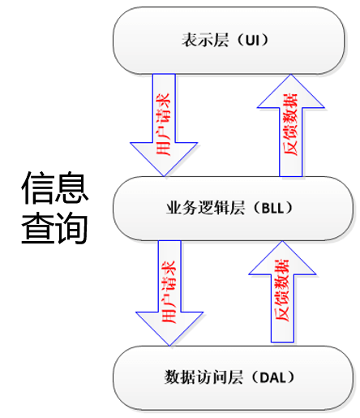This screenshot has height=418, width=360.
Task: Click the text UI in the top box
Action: pos(252,41)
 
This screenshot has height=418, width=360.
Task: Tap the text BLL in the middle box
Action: pos(273,208)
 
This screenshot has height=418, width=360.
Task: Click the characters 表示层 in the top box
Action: pos(205,41)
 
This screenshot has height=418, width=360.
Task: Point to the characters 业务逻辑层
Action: pos(206,208)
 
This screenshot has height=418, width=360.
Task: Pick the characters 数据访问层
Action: pos(204,377)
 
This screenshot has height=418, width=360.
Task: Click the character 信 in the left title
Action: pos(37,187)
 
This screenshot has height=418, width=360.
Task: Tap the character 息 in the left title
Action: pos(71,187)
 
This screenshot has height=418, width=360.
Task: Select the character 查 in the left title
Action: pos(37,228)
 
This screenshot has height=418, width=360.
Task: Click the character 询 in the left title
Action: pos(71,228)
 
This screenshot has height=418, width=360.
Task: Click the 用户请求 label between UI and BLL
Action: pos(164,124)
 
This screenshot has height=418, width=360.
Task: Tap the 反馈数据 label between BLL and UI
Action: pos(290,124)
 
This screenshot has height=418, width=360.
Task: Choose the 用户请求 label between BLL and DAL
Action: pos(169,292)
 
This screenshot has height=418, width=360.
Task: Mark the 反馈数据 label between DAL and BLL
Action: pos(282,291)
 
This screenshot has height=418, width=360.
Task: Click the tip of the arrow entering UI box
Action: pos(291,75)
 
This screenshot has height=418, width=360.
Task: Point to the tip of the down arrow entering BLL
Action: pos(164,176)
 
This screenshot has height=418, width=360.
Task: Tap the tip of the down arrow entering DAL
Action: pos(169,346)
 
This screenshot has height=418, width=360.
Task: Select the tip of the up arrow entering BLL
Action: pos(282,241)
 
